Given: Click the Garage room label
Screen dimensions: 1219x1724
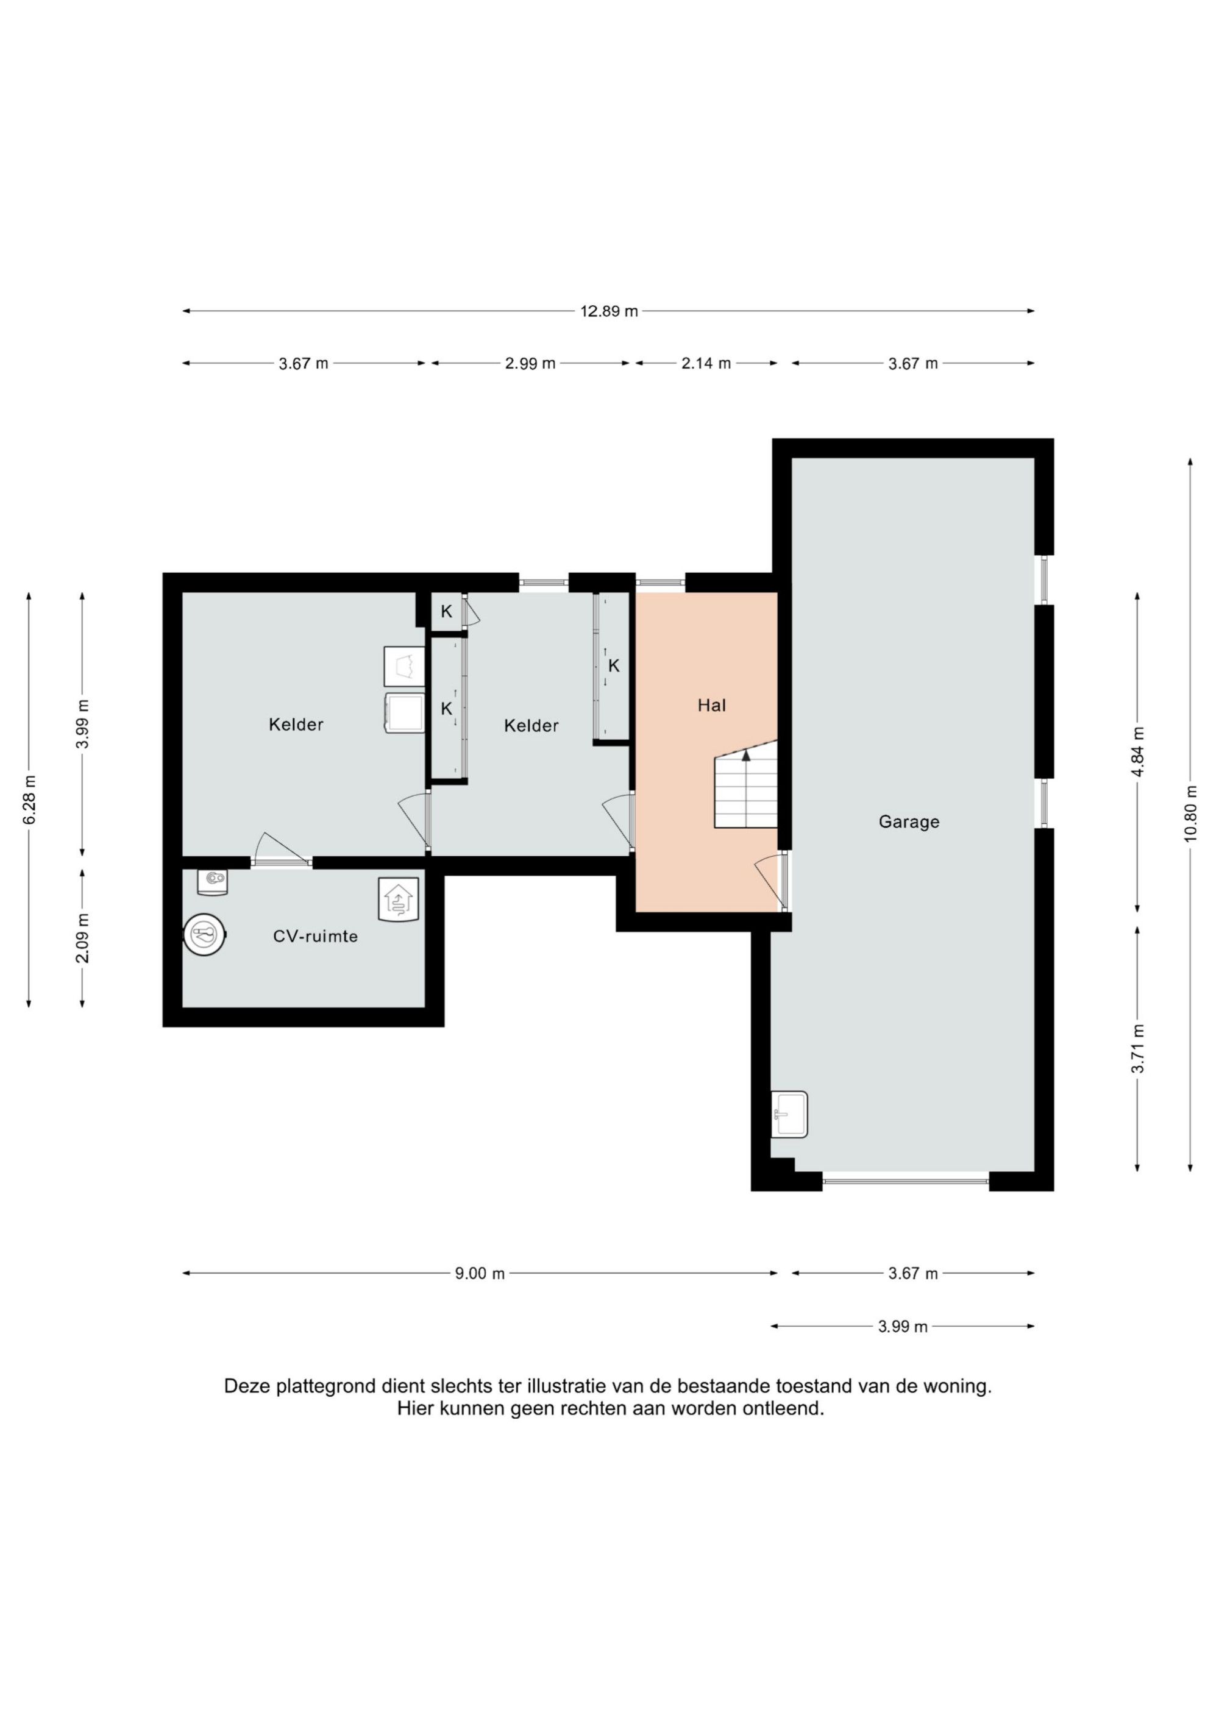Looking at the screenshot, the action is (909, 821).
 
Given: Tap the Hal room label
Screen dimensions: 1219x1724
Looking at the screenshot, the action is (711, 705).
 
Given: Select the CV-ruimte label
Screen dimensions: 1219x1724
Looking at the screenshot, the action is (315, 936).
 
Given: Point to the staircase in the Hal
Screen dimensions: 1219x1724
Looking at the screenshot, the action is (745, 785).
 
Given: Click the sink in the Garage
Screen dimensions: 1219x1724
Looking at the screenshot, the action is (789, 1114).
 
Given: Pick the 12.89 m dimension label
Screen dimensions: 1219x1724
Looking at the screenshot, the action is (609, 311).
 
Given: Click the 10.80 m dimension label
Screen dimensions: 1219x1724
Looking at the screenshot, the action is (1190, 814).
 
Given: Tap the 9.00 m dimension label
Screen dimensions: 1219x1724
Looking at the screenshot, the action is (480, 1274).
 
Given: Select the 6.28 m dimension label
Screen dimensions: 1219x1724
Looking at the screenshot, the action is (29, 798).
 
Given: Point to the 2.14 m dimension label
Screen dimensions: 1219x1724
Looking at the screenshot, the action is (705, 363).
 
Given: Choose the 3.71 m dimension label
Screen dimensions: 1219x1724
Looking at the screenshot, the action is (1138, 1048).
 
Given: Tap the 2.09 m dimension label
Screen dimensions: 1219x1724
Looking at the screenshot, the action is (83, 938).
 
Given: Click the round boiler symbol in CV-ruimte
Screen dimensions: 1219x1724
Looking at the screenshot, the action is (205, 935).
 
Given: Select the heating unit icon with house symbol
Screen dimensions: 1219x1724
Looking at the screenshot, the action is (398, 899).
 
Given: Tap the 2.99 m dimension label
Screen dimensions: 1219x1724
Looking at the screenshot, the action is (530, 363).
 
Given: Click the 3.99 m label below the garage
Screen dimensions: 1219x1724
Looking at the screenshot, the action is (903, 1327).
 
